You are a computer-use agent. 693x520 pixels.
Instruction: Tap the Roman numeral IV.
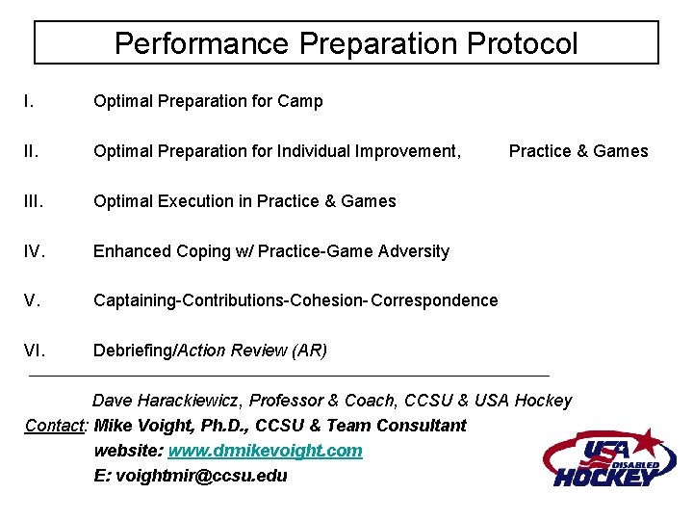[x=35, y=251]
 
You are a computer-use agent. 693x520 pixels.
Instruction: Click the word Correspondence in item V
[x=434, y=300]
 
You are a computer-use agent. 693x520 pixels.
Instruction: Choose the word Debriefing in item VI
[x=132, y=351]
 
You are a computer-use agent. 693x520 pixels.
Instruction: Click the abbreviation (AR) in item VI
[x=309, y=351]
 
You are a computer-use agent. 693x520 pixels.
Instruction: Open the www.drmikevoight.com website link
[x=265, y=451]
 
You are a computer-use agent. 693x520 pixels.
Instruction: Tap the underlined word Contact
[x=56, y=426]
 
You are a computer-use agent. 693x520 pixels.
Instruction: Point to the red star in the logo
[x=651, y=444]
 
